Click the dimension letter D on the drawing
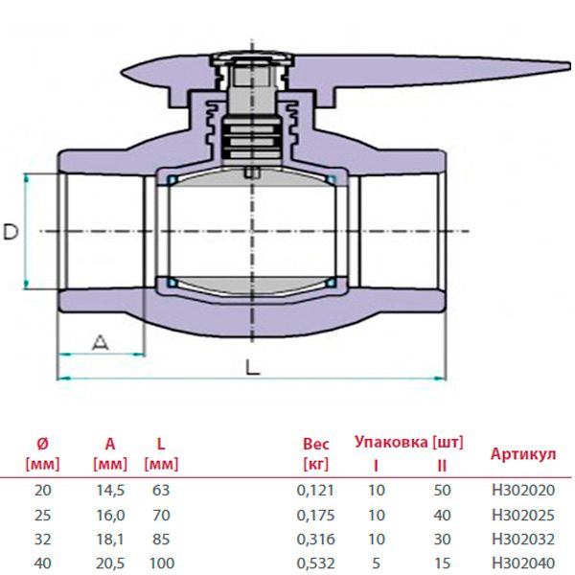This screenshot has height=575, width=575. pos(11,232)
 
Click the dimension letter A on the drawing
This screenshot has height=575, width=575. pos(100,341)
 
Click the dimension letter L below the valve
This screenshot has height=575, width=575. pos(251,366)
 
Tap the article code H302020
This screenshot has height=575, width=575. pos(522,490)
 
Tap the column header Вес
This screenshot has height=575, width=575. pos(316,444)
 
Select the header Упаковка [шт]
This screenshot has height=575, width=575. pos(408,442)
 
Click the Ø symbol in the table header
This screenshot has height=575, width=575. pos(41,444)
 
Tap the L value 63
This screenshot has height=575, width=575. pos(161,490)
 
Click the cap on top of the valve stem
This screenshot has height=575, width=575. pos(251,60)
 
